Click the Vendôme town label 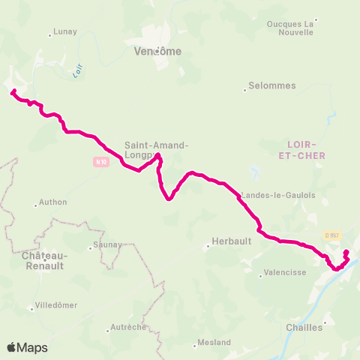[x=157, y=51]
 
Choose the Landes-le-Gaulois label [x=277, y=195]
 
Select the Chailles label [x=304, y=327]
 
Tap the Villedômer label [x=56, y=306]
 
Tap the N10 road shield [x=100, y=161]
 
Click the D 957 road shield [x=331, y=235]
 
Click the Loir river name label [x=76, y=72]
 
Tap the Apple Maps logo [x=27, y=347]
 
